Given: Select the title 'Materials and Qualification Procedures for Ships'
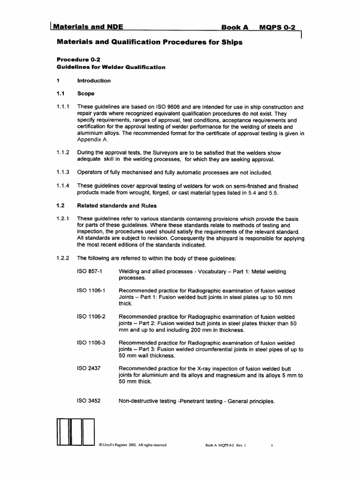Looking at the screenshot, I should tap(150, 42).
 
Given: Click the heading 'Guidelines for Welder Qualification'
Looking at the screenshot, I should tap(111, 67).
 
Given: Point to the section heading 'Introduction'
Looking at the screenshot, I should tap(94, 81).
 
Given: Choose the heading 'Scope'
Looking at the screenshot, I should tap(86, 94).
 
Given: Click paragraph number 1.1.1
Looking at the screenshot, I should tap(63, 106).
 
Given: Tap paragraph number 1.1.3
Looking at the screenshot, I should tap(63, 172).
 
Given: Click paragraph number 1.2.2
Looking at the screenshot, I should tap(63, 258).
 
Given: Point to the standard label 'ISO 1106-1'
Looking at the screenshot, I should tap(91, 291).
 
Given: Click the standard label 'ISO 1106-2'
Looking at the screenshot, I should tap(91, 316).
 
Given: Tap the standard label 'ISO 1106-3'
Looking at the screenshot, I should tap(91, 343).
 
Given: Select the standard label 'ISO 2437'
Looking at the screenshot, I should tap(88, 369).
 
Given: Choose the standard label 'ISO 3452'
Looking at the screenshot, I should tap(88, 401).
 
